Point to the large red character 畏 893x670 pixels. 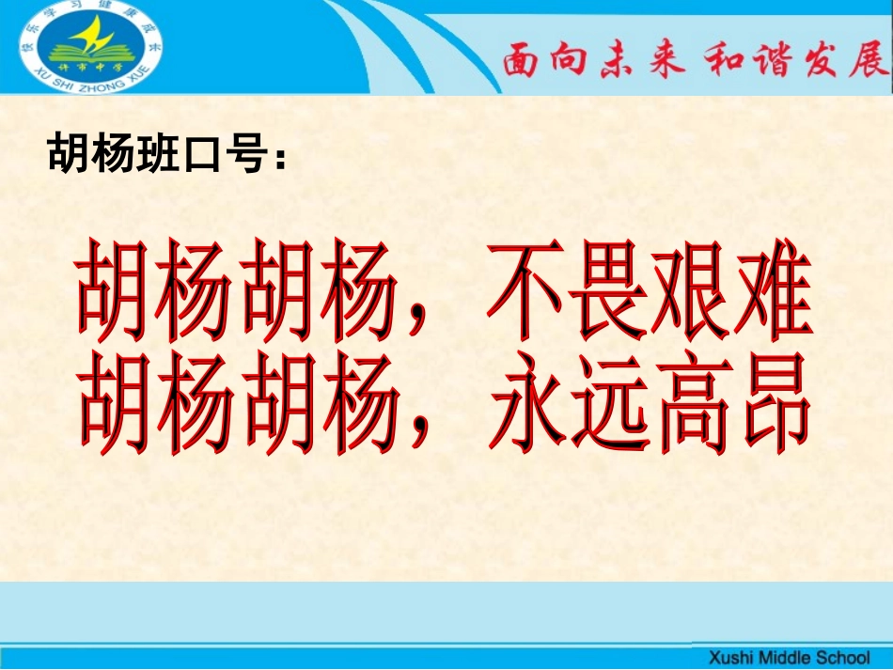click(x=610, y=294)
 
